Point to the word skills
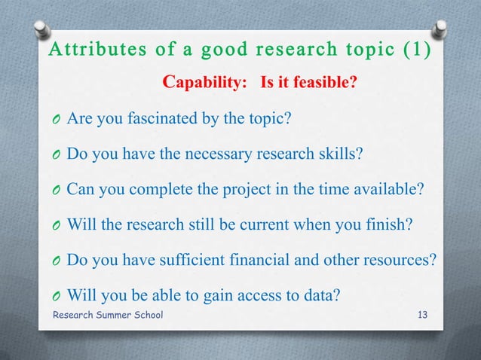(342, 154)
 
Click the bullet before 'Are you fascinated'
(57, 120)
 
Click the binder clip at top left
(42, 32)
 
